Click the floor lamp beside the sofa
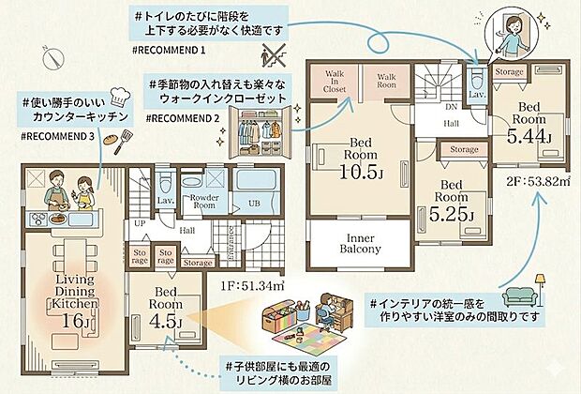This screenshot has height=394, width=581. point(542,285)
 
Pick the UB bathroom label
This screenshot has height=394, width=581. point(253,204)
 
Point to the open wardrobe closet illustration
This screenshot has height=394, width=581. point(258,136)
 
